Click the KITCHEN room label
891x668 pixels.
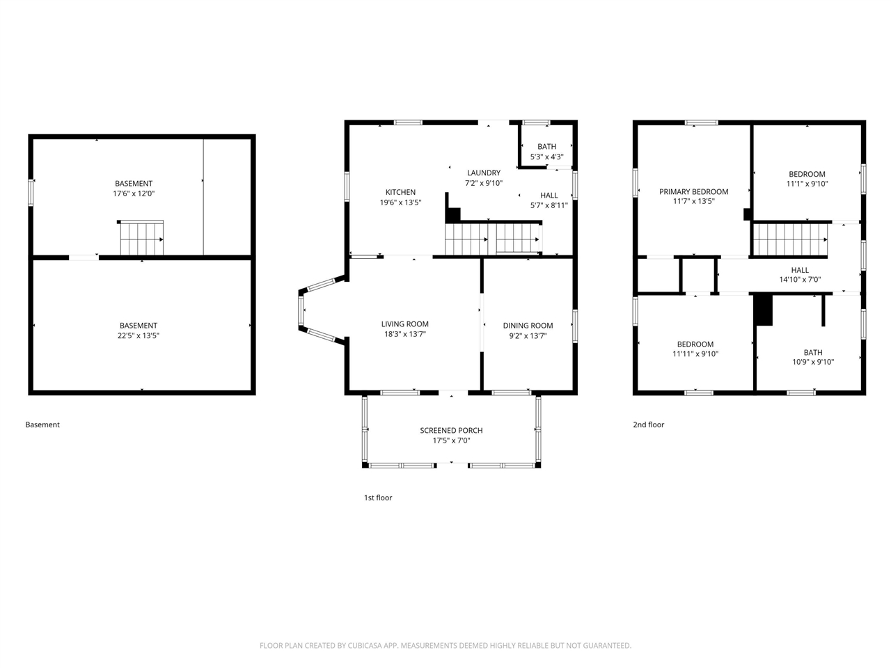click(x=400, y=192)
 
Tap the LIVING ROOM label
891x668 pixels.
click(x=404, y=324)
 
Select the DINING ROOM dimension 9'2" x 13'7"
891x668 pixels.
click(x=528, y=336)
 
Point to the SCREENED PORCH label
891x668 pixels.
click(x=451, y=430)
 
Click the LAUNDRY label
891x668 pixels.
click(x=484, y=173)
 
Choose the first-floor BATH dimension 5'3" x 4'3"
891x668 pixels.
click(x=546, y=157)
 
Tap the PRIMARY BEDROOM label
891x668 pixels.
click(x=693, y=192)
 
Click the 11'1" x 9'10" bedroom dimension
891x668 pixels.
click(x=807, y=184)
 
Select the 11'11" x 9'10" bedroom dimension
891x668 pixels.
click(x=695, y=354)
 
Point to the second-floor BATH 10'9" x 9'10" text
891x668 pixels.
click(x=813, y=358)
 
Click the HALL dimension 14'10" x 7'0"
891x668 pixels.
click(x=800, y=280)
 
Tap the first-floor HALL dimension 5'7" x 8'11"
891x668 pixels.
click(x=549, y=205)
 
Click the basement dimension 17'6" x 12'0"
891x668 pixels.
click(x=134, y=194)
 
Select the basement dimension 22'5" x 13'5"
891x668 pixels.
click(x=139, y=336)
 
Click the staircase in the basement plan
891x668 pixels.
click(x=141, y=239)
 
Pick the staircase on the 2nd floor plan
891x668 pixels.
click(x=790, y=239)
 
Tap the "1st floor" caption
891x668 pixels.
click(x=378, y=498)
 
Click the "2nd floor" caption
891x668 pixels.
click(x=648, y=424)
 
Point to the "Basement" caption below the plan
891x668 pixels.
click(x=42, y=424)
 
